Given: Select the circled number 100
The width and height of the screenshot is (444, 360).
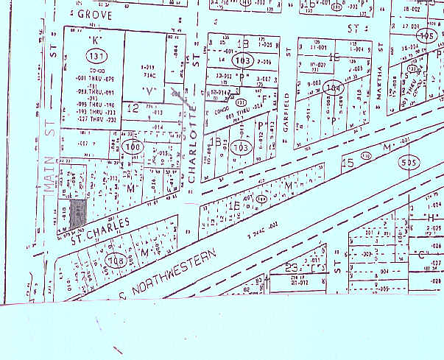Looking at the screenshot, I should [133, 147].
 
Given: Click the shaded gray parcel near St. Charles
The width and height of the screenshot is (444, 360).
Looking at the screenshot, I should [79, 211].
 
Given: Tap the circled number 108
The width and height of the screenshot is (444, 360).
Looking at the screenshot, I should [116, 259].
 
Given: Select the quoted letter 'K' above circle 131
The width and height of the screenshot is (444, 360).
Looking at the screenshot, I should [94, 39].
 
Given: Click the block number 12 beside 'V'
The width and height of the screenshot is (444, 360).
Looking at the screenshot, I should [133, 108].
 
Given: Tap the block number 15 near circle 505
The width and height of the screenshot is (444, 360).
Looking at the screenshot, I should [348, 160].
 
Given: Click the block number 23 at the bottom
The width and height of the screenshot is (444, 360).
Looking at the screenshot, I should [292, 268].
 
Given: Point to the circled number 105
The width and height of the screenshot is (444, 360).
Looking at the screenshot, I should [426, 35].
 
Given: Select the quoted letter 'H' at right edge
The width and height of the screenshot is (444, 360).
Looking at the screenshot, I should [431, 217].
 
